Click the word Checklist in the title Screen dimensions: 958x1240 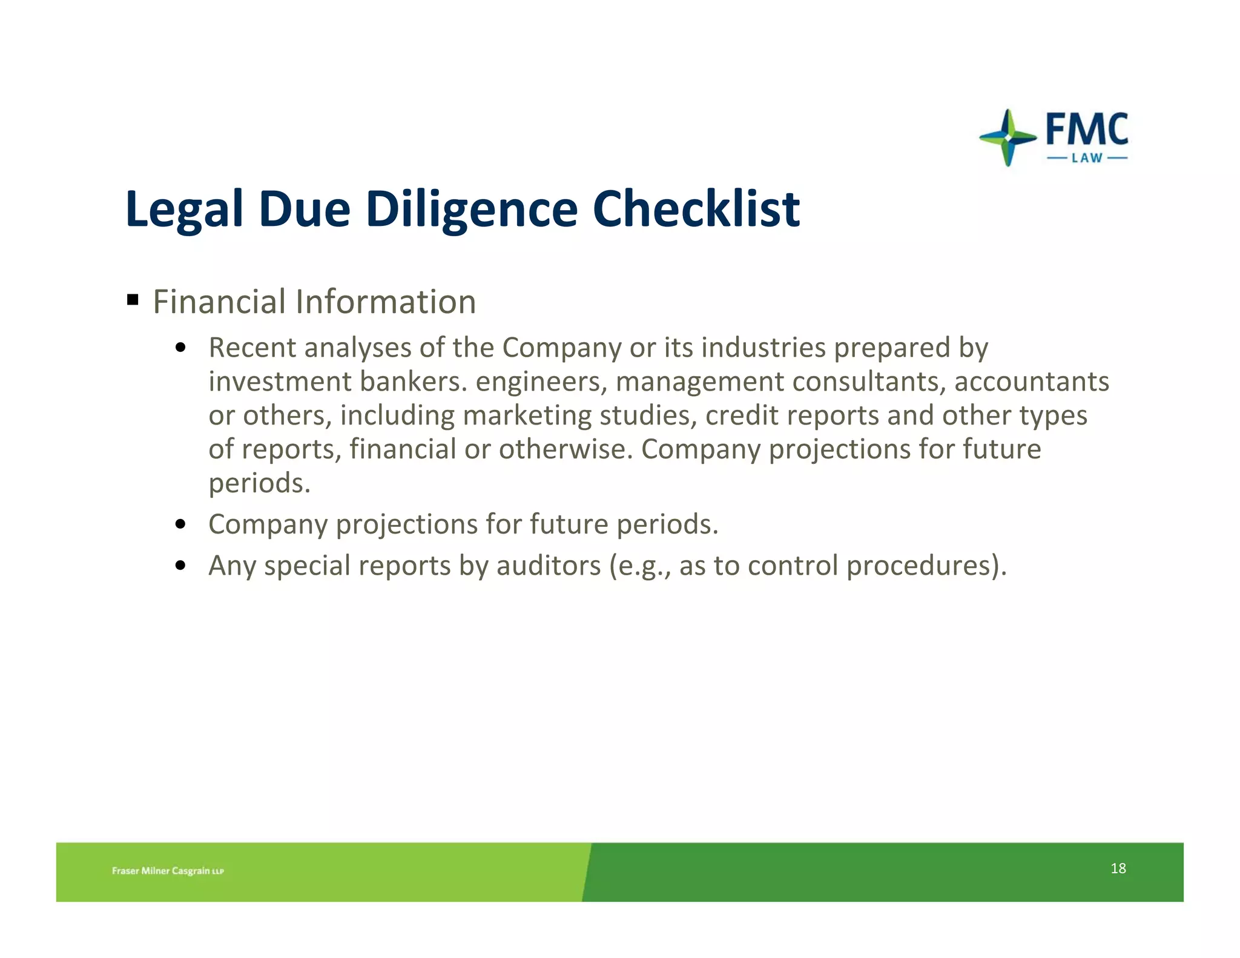[x=696, y=208]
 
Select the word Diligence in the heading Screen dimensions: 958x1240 [x=472, y=210]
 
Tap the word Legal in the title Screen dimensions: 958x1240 [x=184, y=210]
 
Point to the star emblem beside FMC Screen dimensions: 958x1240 [x=1007, y=138]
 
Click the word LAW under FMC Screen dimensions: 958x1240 [x=1087, y=159]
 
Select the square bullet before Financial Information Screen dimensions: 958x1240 [x=133, y=300]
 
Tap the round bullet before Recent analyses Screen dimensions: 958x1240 [x=180, y=348]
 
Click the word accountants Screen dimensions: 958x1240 [x=1031, y=382]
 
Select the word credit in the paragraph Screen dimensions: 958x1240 [x=741, y=415]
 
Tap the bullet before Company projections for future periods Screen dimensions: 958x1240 [x=180, y=524]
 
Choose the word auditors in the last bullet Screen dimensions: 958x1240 [x=549, y=566]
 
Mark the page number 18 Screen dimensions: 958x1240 [x=1118, y=868]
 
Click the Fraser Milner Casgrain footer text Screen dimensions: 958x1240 [x=168, y=871]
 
